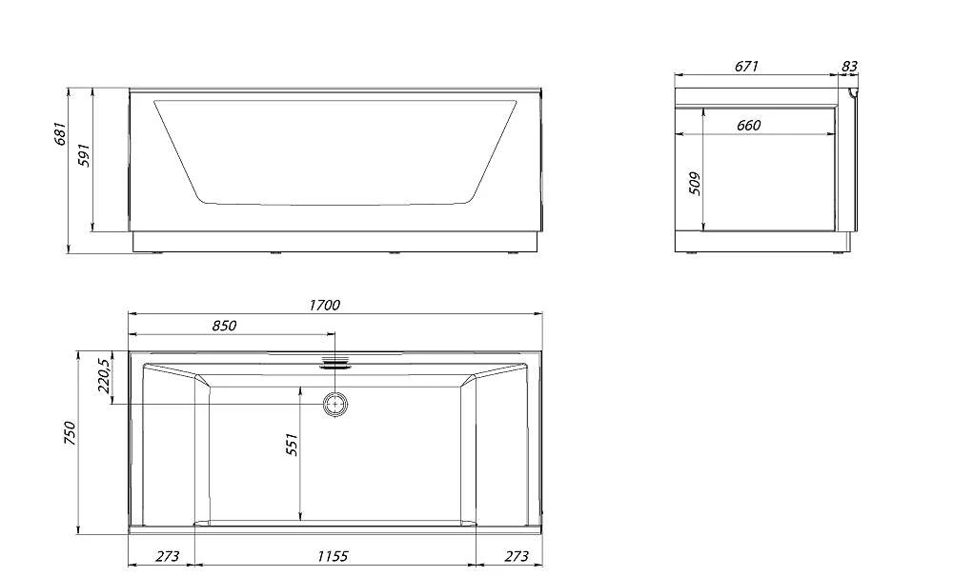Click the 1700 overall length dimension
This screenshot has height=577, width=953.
click(x=325, y=305)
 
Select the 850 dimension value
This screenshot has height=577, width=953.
click(x=224, y=326)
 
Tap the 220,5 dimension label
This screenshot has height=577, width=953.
click(x=104, y=376)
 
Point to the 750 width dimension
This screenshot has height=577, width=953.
click(x=71, y=433)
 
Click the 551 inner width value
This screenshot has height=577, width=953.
click(x=293, y=445)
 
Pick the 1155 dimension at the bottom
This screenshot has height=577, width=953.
click(x=333, y=556)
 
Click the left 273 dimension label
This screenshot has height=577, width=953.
click(x=168, y=556)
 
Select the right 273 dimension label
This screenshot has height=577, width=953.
click(x=517, y=556)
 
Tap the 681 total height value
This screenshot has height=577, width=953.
click(x=59, y=134)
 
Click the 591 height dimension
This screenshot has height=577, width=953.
click(x=85, y=155)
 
